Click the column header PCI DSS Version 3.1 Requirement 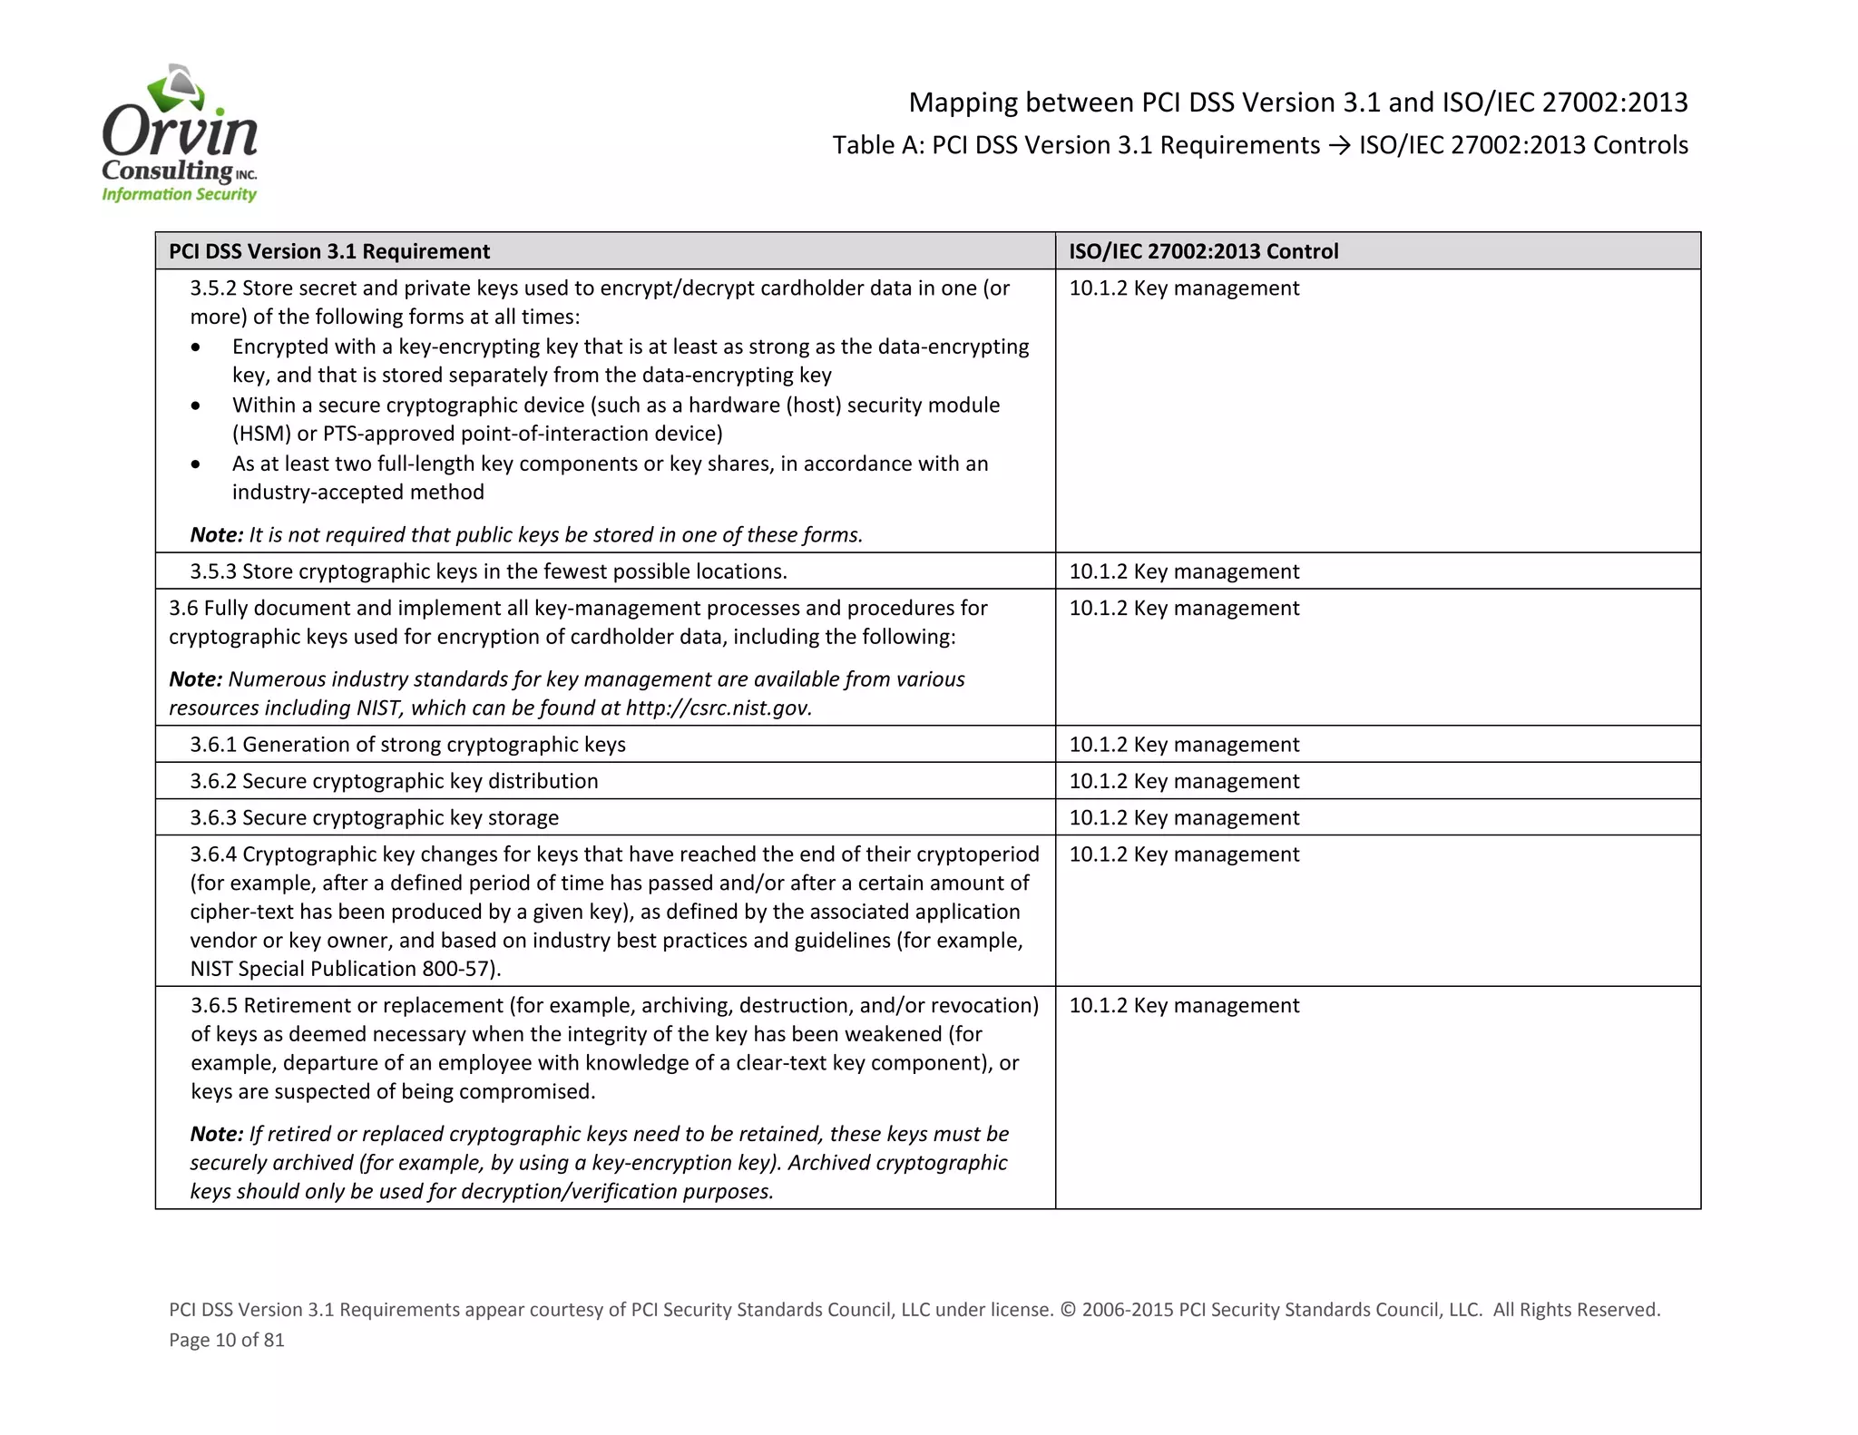[329, 251]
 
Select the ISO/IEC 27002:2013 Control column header [1203, 251]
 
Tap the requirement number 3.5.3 [214, 571]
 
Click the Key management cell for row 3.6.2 [1184, 781]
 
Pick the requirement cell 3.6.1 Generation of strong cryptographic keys [407, 745]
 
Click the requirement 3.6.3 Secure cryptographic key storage [374, 818]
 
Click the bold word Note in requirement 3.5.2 [216, 535]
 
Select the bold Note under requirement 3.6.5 [216, 1135]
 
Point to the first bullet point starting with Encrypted [196, 347]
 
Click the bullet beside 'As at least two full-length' [196, 464]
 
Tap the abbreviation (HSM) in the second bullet [261, 434]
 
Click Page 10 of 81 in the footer [227, 1340]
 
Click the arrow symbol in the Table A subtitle [1339, 145]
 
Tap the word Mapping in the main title [963, 102]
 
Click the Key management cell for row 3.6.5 [1184, 1006]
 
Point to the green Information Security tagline [180, 194]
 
